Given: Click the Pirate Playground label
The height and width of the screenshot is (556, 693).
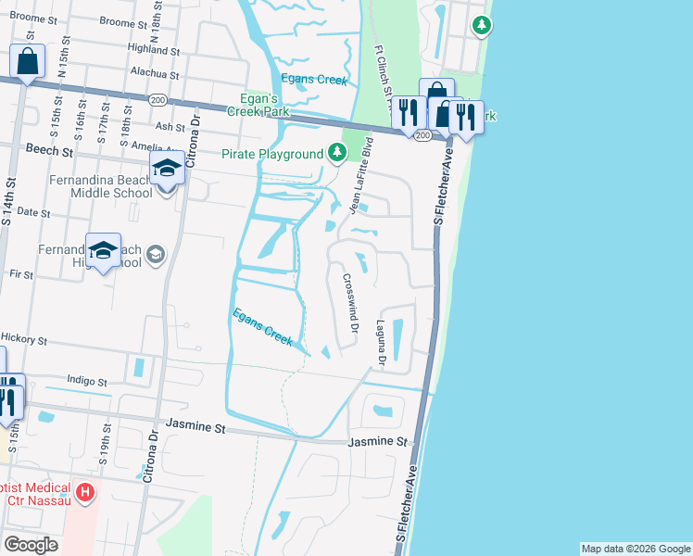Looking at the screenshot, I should tap(271, 155).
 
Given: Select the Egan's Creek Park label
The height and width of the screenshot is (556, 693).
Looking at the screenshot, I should tap(255, 106).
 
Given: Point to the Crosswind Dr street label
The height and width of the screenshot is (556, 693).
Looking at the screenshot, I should tap(350, 301).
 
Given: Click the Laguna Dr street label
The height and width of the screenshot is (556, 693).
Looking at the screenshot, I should tap(380, 341).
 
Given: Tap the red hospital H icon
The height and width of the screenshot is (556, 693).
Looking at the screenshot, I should tap(85, 492).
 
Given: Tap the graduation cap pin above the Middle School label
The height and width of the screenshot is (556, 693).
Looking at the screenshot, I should tap(167, 171).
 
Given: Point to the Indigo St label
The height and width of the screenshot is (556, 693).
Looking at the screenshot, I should tap(87, 381).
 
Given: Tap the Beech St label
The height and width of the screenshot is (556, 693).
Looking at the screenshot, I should tap(49, 149).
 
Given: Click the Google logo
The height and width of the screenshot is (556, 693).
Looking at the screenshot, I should tap(31, 545).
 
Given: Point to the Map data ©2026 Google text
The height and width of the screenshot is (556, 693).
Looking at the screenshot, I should tap(635, 549).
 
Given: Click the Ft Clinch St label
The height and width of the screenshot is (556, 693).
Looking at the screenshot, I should tap(382, 70).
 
